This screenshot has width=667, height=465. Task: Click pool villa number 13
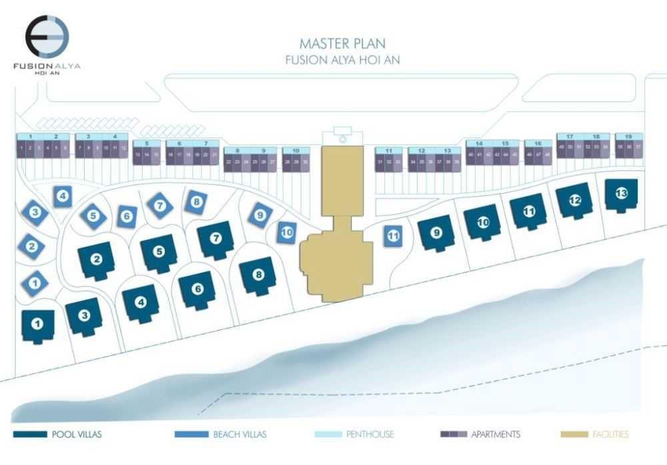pos(621,194)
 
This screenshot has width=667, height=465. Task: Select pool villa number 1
pos(38,324)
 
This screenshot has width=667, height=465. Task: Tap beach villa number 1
pos(35,283)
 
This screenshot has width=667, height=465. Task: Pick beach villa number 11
pos(394,235)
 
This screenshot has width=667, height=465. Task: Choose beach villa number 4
pos(63,196)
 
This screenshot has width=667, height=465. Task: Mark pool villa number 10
pos(483,223)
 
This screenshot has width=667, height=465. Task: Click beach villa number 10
pos(287,232)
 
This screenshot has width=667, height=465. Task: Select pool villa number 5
pos(159,252)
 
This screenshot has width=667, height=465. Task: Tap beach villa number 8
pos(196,201)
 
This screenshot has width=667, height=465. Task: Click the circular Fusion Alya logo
pos(47,37)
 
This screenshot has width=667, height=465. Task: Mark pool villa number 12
pos(574,199)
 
